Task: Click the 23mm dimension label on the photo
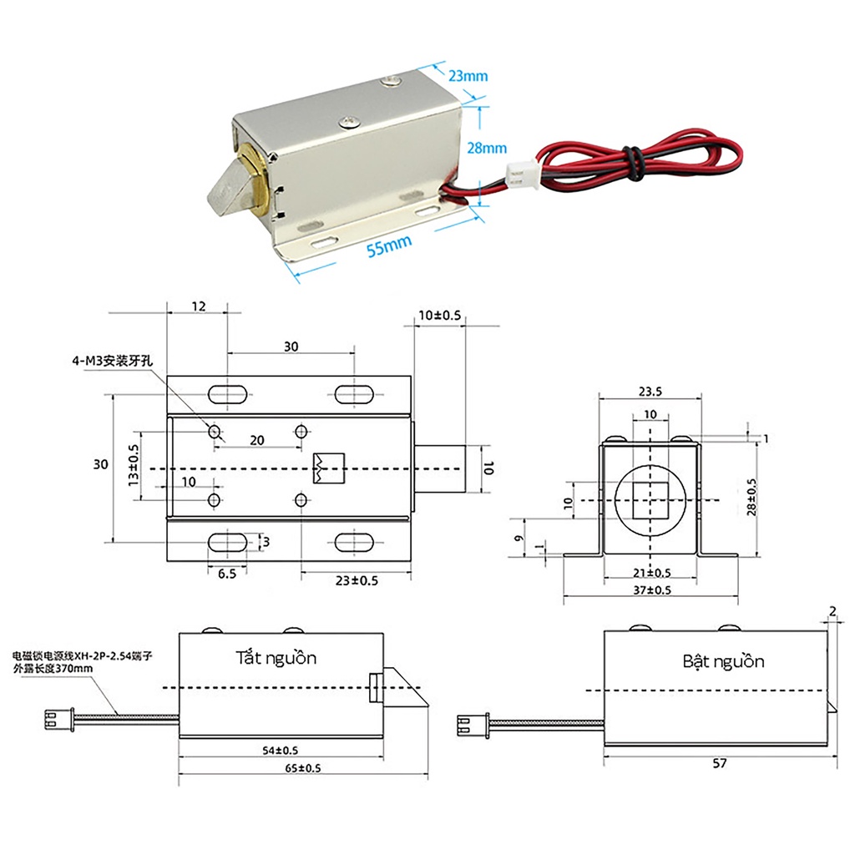468,76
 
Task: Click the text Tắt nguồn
276,658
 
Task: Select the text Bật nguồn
723,661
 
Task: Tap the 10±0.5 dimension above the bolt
439,315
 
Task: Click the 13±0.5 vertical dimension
132,466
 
